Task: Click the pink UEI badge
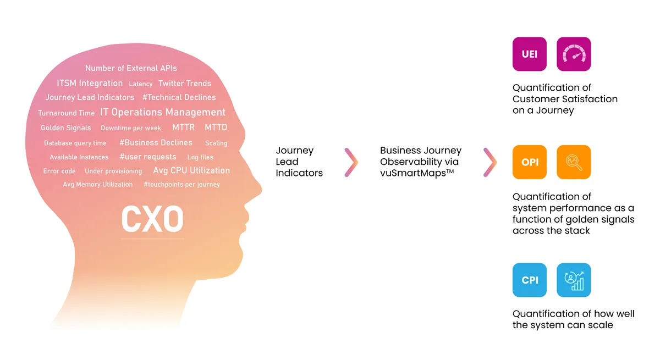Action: (529, 54)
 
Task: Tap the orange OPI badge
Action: (529, 162)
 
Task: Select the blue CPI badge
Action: (529, 280)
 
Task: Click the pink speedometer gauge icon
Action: (574, 54)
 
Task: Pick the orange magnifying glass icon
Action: (574, 162)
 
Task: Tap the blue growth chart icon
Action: (574, 280)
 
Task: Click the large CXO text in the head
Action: (152, 219)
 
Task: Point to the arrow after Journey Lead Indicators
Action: (351, 162)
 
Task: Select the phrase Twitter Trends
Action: (185, 84)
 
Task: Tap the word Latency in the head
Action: (141, 84)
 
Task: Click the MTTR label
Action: (184, 128)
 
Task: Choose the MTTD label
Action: (216, 128)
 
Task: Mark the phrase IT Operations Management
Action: (163, 112)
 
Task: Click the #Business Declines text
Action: (156, 142)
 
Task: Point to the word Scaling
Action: (216, 143)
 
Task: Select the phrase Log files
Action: (200, 157)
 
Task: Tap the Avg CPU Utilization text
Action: (191, 170)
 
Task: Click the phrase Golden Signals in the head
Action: (66, 128)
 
